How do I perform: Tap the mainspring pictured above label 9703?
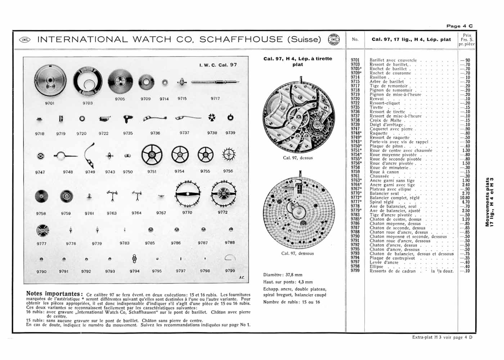(87, 83)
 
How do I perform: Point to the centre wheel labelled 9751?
(152, 156)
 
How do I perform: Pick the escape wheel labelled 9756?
(228, 155)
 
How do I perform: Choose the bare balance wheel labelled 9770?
(188, 194)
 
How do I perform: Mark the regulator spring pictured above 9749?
(90, 155)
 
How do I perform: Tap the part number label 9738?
(212, 133)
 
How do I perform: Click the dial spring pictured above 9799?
(230, 258)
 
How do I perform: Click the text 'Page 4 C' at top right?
(459, 26)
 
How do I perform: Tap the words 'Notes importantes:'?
(54, 294)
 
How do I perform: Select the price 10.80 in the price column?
(465, 198)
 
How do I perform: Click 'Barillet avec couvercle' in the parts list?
(393, 60)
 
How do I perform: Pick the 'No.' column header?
(355, 39)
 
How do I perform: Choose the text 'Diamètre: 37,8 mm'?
(283, 275)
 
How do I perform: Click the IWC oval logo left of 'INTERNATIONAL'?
(25, 40)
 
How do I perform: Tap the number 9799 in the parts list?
(355, 271)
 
